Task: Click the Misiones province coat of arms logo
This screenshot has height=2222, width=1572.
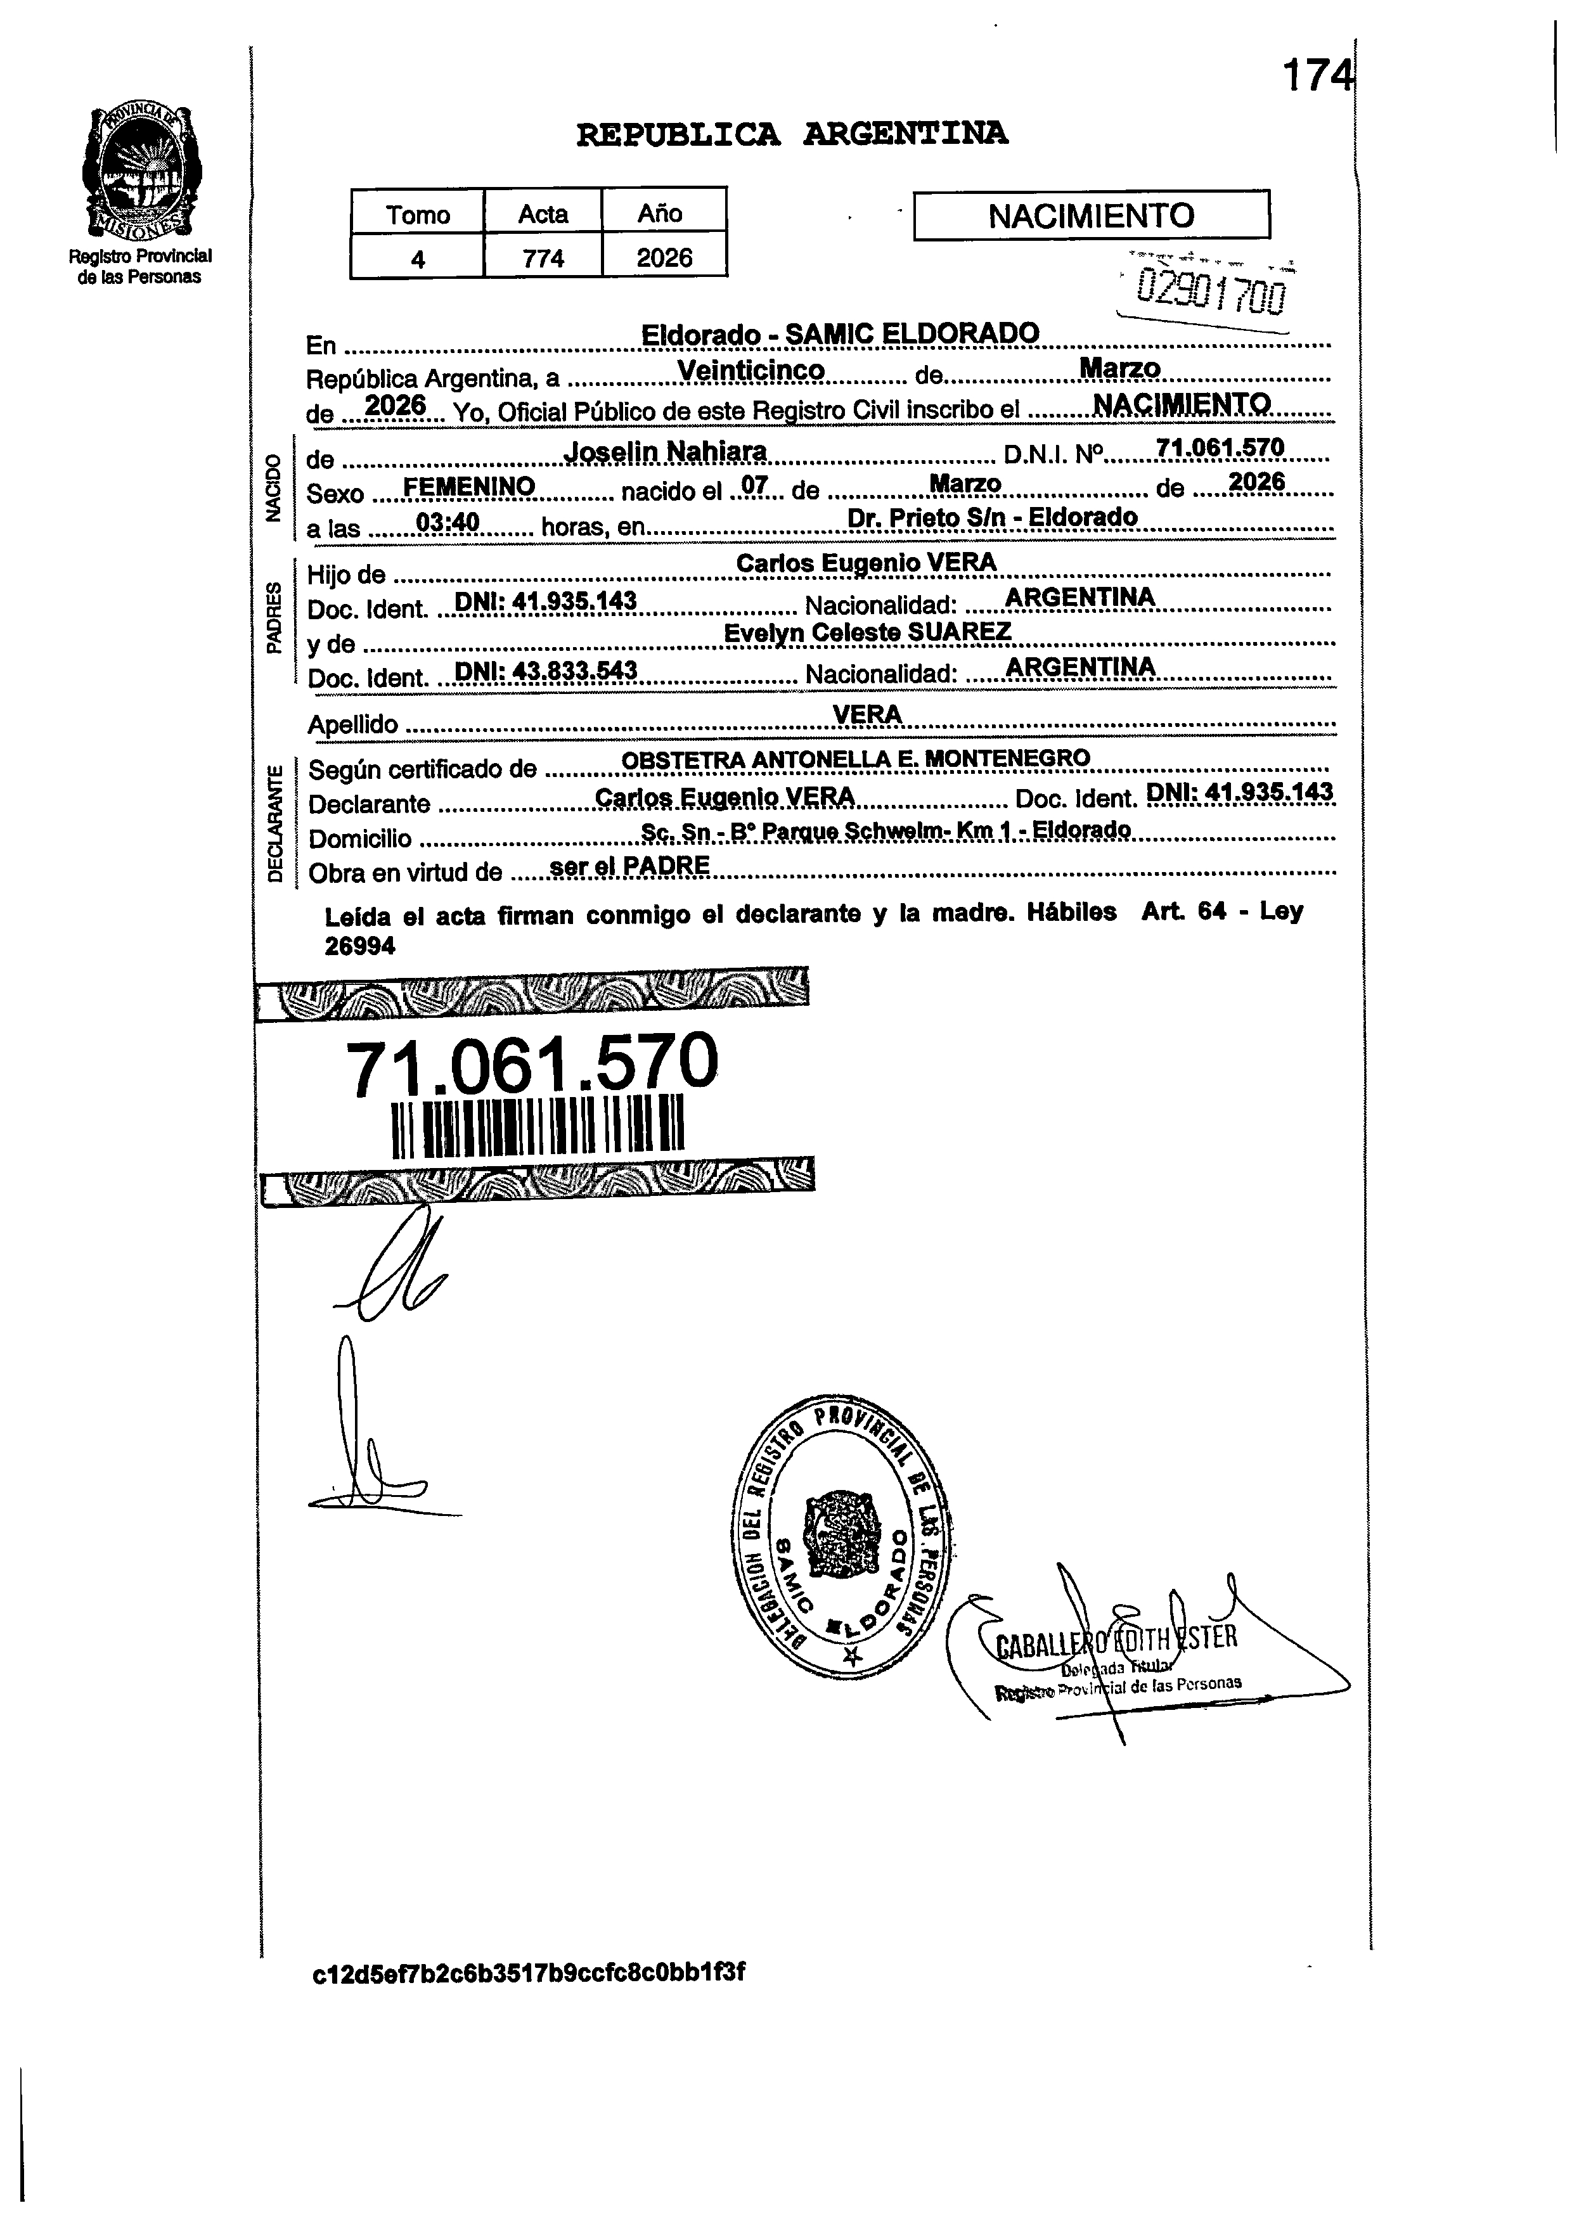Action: (x=141, y=174)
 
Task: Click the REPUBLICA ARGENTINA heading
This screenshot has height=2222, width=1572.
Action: (x=791, y=134)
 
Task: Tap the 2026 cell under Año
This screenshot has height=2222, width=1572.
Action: (x=664, y=257)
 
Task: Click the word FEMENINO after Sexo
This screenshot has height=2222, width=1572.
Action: (x=468, y=486)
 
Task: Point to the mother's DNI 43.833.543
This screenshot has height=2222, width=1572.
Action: (x=546, y=671)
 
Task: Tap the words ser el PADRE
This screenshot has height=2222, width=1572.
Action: (x=629, y=866)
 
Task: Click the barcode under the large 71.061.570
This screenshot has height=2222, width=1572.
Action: (x=538, y=1126)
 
